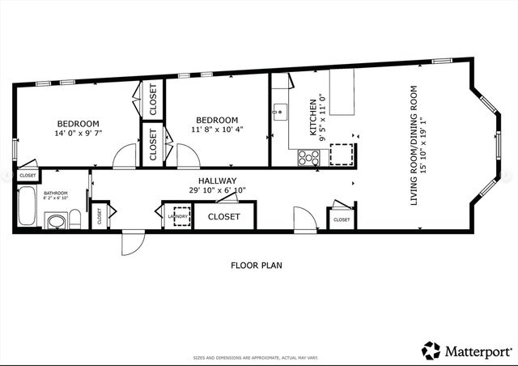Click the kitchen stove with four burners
click(308, 158)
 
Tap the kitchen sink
click(279, 112)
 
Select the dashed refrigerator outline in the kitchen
click(345, 154)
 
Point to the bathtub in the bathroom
click(26, 207)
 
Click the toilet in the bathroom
click(74, 219)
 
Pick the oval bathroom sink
click(56, 221)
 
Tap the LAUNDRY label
click(178, 216)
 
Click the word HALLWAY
click(216, 181)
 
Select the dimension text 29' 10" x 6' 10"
click(216, 191)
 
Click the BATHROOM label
click(56, 193)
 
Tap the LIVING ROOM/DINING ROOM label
click(414, 145)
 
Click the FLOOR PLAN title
click(257, 265)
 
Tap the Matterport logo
click(466, 351)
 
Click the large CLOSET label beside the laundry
click(223, 217)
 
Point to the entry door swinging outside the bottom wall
click(131, 243)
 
